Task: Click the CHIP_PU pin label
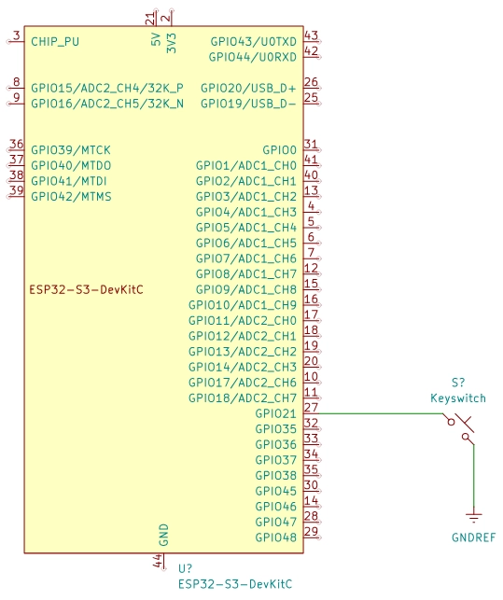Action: (55, 41)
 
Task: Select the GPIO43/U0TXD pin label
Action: (254, 41)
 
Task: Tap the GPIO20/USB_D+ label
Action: (248, 88)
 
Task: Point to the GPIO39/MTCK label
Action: (71, 149)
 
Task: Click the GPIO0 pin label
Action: (279, 149)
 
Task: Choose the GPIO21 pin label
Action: (275, 413)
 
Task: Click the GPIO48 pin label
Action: (275, 537)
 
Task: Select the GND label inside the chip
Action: (163, 535)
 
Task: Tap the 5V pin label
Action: (156, 39)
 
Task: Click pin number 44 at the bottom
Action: (158, 561)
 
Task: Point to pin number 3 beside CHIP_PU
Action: (17, 35)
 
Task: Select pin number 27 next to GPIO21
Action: (311, 408)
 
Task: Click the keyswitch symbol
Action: (459, 429)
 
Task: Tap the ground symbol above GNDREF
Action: (474, 517)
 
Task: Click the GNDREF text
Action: (473, 537)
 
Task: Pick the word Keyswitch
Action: (458, 398)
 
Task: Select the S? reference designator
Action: (458, 383)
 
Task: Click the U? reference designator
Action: (186, 568)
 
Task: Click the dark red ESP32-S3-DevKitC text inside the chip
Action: (87, 289)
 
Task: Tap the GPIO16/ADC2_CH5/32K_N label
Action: (107, 104)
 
